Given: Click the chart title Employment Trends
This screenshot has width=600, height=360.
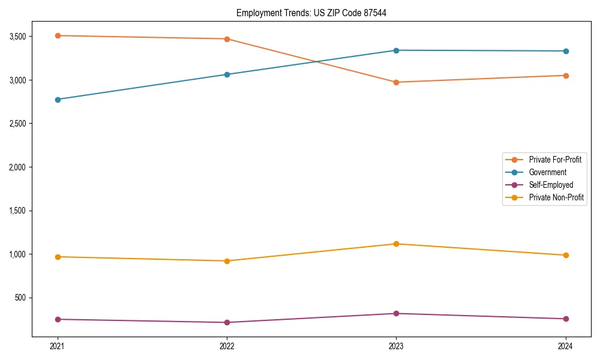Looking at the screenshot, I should (311, 13).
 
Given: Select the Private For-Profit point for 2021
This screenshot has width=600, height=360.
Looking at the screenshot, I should (58, 35).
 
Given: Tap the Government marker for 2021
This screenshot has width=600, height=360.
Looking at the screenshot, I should (58, 100).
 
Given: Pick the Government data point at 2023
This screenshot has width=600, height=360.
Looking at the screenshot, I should (396, 50).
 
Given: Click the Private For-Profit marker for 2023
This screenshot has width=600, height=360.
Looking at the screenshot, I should (396, 82).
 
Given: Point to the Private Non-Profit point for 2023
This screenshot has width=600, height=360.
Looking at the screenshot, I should (396, 244).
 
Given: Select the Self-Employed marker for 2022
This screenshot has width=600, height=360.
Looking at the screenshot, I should (227, 322).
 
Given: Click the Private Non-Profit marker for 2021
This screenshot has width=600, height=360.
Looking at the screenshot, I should (58, 257).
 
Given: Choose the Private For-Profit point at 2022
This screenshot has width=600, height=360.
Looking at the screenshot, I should (227, 39).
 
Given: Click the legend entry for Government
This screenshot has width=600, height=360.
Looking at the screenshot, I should (547, 172).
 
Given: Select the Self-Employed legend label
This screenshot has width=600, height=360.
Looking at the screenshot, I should (551, 185).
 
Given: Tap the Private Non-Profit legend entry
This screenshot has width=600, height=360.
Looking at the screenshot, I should (556, 197).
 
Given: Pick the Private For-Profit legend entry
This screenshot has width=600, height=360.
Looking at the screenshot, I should (555, 160).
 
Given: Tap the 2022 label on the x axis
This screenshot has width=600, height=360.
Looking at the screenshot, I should (227, 346).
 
